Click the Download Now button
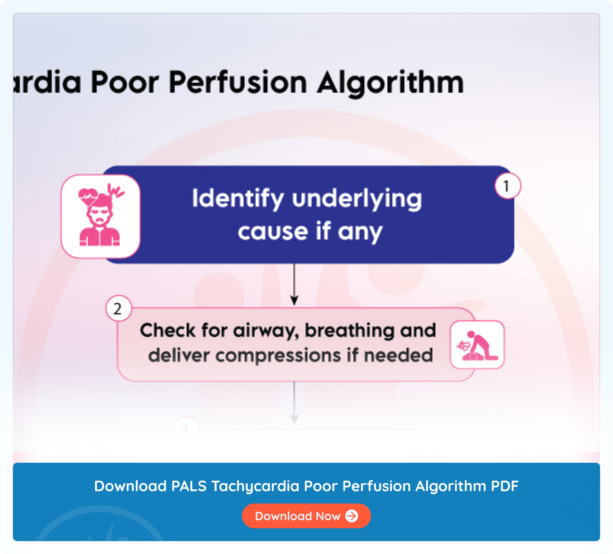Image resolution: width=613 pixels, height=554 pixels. pyautogui.click(x=306, y=516)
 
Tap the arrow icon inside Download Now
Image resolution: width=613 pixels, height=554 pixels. pyautogui.click(x=352, y=516)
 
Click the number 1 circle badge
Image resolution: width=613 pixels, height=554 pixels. pyautogui.click(x=507, y=186)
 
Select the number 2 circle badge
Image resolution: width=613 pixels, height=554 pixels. pyautogui.click(x=118, y=308)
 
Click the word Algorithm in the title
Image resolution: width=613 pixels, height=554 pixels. pyautogui.click(x=390, y=83)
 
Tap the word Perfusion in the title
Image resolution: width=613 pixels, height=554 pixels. pyautogui.click(x=238, y=83)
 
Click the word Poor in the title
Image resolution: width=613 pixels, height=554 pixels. pyautogui.click(x=125, y=83)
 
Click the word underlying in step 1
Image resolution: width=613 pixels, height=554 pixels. pyautogui.click(x=357, y=199)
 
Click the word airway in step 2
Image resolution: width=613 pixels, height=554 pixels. pyautogui.click(x=266, y=331)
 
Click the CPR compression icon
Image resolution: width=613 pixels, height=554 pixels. pyautogui.click(x=477, y=345)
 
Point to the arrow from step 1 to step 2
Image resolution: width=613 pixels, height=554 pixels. pyautogui.click(x=294, y=284)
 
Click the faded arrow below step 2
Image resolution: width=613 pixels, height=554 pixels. pyautogui.click(x=294, y=403)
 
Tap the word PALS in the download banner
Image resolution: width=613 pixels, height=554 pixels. pyautogui.click(x=189, y=486)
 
